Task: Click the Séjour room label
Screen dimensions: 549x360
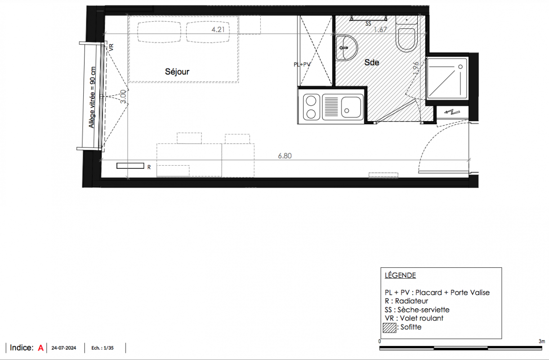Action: point(177,72)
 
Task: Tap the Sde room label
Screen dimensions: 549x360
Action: point(371,62)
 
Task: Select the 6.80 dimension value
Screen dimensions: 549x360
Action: point(285,156)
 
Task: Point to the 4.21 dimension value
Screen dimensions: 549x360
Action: point(218,29)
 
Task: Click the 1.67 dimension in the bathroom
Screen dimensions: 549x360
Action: point(380,30)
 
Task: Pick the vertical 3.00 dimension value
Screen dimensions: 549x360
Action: point(123,96)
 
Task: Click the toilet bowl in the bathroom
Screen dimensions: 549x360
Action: point(406,40)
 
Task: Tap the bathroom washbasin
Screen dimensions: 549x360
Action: point(346,48)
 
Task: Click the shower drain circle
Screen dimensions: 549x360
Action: point(460,67)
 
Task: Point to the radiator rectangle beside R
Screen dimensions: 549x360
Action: point(130,166)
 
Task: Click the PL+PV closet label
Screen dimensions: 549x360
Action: point(302,64)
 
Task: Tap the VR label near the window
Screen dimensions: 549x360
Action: point(111,47)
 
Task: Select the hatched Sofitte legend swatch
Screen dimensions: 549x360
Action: point(389,328)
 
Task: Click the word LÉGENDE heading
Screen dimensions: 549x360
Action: point(400,275)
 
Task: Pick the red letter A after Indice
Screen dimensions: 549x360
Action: point(40,348)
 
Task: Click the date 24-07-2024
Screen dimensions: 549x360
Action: point(64,348)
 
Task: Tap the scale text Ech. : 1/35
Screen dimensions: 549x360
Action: point(103,348)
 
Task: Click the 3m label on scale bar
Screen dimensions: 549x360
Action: point(542,342)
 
